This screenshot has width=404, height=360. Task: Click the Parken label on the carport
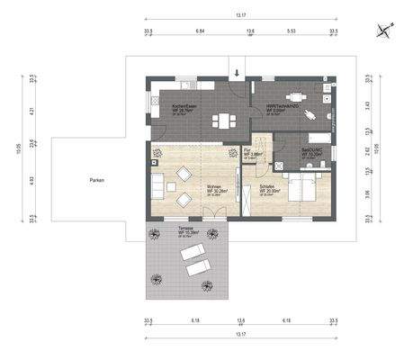coord(96,180)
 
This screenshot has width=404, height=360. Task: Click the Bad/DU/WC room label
coord(311,154)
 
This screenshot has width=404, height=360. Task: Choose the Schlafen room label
coord(269,189)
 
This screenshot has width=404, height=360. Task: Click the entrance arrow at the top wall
coord(237,72)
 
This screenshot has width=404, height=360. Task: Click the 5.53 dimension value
coord(291,30)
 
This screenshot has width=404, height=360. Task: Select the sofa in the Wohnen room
coord(159,188)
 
